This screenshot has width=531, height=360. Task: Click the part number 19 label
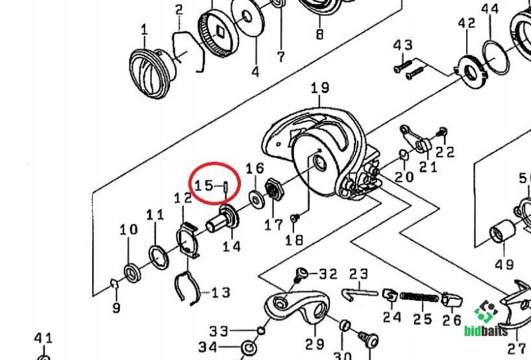pos(320,88)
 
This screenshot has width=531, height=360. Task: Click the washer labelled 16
pos(255,198)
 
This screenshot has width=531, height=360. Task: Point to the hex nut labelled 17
pos(273,190)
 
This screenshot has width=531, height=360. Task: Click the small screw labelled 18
pos(296,217)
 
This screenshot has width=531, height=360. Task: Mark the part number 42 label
pos(467,23)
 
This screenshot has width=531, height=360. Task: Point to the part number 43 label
pos(403,45)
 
